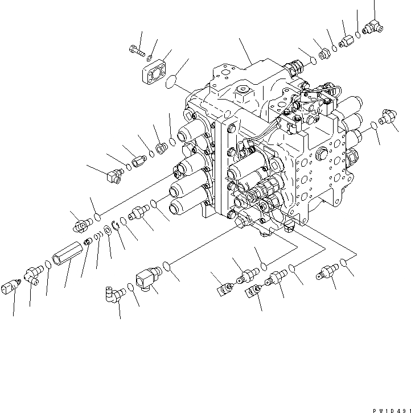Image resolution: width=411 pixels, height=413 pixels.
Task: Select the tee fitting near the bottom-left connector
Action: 32,275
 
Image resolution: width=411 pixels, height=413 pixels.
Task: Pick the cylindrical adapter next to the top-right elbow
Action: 347,41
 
